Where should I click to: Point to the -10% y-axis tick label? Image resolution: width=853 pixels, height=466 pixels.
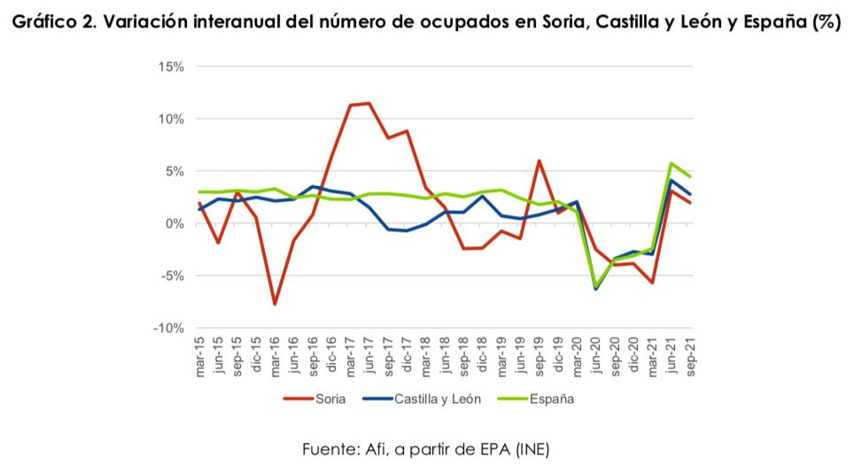coord(168,328)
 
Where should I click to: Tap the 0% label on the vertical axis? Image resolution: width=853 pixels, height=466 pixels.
coord(175,223)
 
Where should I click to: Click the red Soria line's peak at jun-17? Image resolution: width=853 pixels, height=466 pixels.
coord(369,103)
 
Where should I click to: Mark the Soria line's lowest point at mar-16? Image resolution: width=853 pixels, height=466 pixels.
coord(275,304)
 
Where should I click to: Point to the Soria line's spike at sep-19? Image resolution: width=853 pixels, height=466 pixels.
coord(539,160)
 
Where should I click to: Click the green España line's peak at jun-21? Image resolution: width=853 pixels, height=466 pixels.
coord(672,163)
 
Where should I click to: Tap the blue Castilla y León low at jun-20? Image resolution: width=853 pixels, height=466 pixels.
coord(597,289)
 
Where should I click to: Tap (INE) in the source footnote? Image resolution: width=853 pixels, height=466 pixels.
coord(530,448)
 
